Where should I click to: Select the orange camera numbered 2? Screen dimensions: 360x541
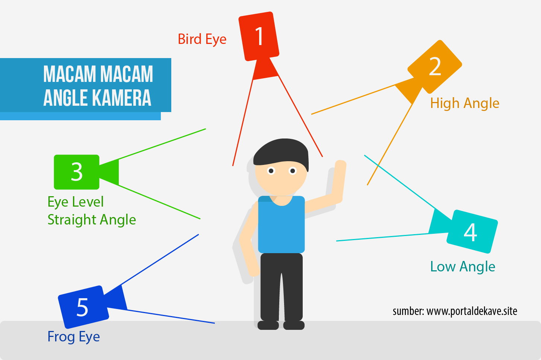pyautogui.click(x=435, y=67)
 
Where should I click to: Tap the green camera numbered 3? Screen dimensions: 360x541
pyautogui.click(x=77, y=172)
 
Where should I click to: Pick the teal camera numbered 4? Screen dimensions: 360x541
pyautogui.click(x=472, y=232)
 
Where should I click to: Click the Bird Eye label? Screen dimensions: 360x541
pyautogui.click(x=202, y=39)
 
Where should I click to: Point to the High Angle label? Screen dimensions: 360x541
pyautogui.click(x=465, y=103)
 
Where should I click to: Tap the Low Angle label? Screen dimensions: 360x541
pyautogui.click(x=462, y=267)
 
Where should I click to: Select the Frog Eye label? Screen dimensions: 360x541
pyautogui.click(x=74, y=337)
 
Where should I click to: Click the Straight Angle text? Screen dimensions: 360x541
pyautogui.click(x=92, y=220)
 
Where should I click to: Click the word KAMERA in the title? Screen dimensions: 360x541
pyautogui.click(x=121, y=98)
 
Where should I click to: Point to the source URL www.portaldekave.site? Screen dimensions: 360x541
pyautogui.click(x=472, y=311)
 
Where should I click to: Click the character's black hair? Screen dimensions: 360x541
pyautogui.click(x=281, y=151)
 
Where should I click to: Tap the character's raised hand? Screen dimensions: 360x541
pyautogui.click(x=340, y=165)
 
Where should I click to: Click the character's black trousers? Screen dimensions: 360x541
pyautogui.click(x=281, y=287)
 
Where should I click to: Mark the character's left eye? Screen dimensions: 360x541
pyautogui.click(x=271, y=171)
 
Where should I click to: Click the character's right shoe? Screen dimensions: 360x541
pyautogui.click(x=294, y=325)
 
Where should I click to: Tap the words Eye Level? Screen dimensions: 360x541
pyautogui.click(x=76, y=202)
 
